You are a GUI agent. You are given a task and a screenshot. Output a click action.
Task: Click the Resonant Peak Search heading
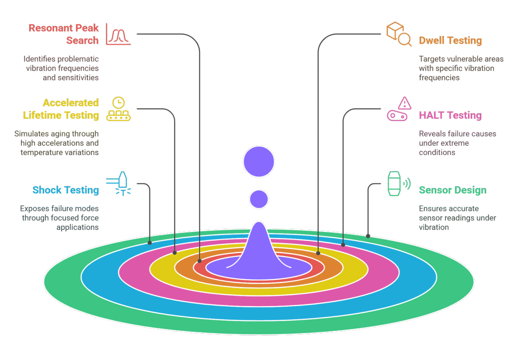(64, 34)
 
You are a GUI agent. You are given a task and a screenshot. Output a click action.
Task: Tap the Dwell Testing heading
(450, 41)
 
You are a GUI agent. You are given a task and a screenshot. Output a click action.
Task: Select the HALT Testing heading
(450, 115)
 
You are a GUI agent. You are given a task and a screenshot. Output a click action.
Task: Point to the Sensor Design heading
(453, 190)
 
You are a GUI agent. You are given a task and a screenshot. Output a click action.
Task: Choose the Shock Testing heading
(66, 190)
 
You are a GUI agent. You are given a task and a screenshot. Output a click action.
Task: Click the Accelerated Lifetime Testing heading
(61, 109)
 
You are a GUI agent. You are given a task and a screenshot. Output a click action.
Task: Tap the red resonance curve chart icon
(118, 34)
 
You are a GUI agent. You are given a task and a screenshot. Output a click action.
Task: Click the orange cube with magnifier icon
(399, 34)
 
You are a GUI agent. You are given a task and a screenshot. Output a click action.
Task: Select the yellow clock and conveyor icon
(118, 109)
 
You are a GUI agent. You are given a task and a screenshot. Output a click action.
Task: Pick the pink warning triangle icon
(404, 103)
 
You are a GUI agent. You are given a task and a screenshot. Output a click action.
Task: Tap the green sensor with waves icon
(399, 184)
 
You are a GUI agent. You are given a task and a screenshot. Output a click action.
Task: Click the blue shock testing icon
(118, 184)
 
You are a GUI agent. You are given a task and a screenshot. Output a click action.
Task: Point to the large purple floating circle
(259, 161)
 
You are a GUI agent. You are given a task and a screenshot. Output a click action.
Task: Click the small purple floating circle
(259, 199)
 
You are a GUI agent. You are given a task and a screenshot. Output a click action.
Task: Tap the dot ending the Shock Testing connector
(150, 243)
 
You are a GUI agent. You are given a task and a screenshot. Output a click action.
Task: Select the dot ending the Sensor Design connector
(368, 236)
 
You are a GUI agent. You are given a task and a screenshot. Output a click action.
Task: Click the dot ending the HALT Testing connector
(343, 245)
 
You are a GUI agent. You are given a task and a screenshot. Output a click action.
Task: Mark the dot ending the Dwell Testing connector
(318, 253)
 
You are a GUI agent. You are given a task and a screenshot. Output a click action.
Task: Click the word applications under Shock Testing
(77, 227)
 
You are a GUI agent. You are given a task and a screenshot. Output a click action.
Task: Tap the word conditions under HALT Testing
(437, 152)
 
